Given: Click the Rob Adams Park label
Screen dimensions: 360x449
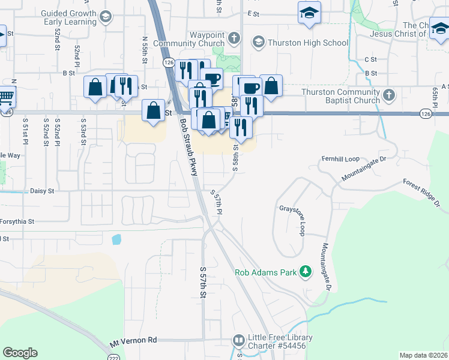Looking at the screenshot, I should (266, 272).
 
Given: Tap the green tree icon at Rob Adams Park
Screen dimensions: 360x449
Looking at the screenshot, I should (306, 272).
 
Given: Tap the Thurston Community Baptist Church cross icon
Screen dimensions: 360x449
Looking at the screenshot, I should (389, 95).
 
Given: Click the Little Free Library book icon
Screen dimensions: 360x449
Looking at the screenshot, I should (238, 341).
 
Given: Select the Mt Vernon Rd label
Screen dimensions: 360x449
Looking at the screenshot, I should (133, 341).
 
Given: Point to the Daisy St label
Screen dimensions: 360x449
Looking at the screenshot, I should (42, 191).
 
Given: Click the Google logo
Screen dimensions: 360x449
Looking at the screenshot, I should (20, 353).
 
